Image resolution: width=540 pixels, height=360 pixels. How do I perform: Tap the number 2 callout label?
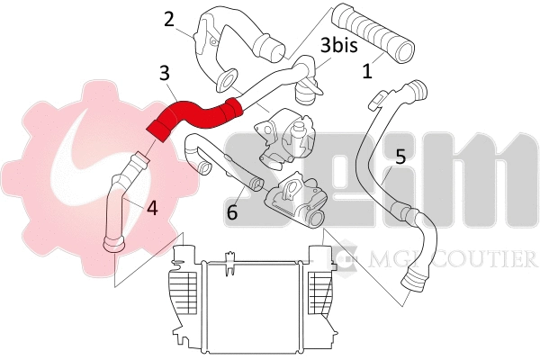168,20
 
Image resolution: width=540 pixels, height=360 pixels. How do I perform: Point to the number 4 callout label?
151,208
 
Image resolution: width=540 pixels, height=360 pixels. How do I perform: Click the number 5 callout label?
400,155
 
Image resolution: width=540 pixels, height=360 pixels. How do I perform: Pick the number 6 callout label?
232,212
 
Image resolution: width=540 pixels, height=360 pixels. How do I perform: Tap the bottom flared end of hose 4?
114,243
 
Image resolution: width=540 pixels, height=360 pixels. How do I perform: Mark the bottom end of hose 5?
417,282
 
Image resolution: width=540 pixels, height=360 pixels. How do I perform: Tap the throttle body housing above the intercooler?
292,202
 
